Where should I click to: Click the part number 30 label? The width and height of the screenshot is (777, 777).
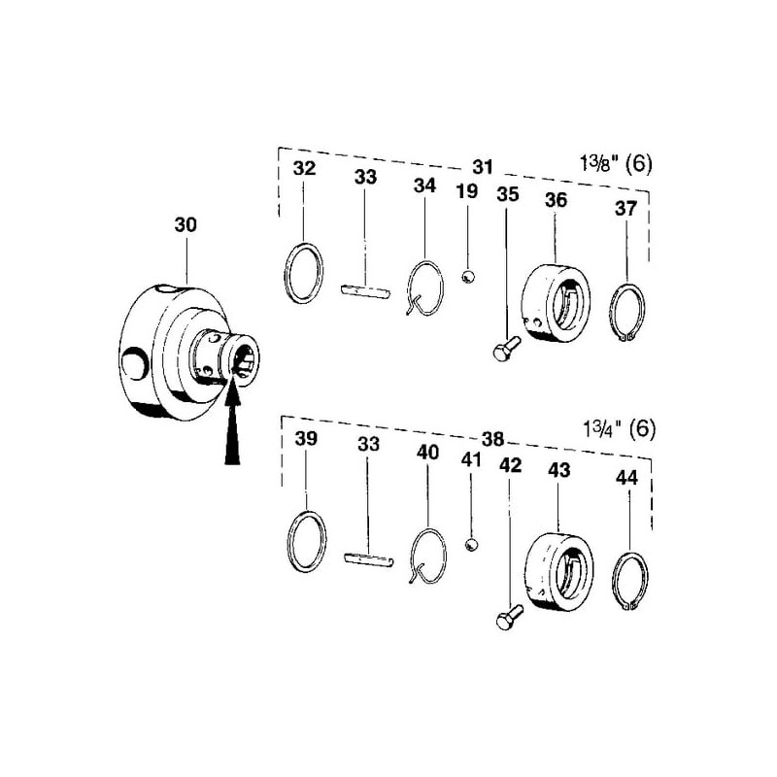point(186,225)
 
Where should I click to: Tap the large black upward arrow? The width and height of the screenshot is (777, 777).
point(232,426)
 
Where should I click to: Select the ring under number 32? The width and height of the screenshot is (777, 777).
point(304,273)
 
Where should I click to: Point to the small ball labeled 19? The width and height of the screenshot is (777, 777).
point(468,277)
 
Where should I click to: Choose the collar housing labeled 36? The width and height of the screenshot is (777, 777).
point(556,302)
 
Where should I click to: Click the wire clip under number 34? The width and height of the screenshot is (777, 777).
point(424,288)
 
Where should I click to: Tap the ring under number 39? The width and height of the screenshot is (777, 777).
point(307,541)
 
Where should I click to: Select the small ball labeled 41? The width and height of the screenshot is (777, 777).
point(472,545)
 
